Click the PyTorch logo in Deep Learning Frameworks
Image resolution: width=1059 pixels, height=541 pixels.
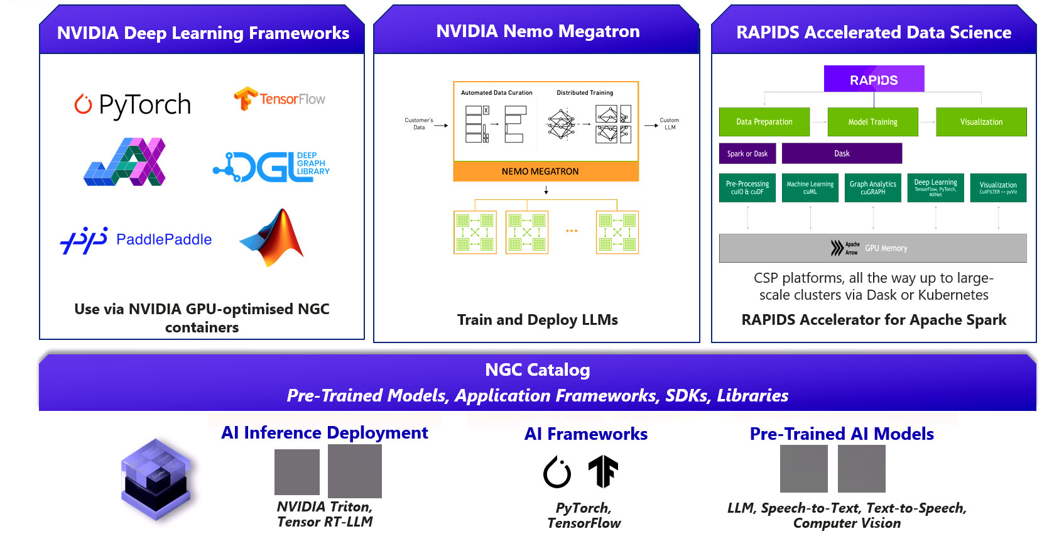[133, 104]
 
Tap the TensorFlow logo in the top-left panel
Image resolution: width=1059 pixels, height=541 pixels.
[280, 99]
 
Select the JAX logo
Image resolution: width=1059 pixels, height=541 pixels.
[125, 162]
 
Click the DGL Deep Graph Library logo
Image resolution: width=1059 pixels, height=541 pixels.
[271, 167]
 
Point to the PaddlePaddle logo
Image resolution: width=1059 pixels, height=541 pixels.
[136, 239]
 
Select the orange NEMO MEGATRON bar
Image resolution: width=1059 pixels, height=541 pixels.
[546, 172]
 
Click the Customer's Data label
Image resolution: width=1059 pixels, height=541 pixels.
[419, 124]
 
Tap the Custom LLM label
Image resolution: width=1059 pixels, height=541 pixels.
[670, 124]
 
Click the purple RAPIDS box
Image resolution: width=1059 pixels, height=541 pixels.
[874, 79]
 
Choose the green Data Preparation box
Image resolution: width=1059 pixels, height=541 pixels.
[764, 122]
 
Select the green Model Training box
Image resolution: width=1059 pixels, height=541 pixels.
[872, 122]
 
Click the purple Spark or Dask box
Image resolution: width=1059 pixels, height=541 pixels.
[747, 153]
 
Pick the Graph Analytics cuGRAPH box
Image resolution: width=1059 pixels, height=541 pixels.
[873, 188]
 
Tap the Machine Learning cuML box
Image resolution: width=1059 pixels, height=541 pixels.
[810, 188]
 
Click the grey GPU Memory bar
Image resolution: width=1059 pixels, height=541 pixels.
[872, 248]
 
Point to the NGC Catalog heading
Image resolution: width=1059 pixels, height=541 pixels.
[538, 370]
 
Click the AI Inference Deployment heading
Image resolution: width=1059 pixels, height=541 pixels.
[325, 433]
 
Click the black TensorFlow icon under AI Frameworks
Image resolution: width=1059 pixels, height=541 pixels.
[603, 472]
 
